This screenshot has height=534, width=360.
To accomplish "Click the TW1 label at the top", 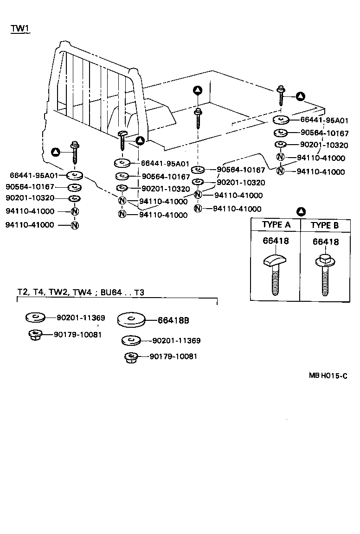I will [x=20, y=28].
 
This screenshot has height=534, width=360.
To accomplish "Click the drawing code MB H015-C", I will [x=328, y=376].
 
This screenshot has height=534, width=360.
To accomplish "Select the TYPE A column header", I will [x=276, y=225].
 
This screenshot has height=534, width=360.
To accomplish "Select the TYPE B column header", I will [x=325, y=225].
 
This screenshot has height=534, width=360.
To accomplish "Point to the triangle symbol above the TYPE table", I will [x=301, y=212].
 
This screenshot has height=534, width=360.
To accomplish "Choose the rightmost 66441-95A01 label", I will [x=324, y=121].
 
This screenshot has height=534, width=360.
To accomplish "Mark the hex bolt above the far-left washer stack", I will [x=74, y=152].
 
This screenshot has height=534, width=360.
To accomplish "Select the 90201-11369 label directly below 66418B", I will [x=176, y=341].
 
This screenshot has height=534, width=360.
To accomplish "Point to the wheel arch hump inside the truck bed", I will [x=139, y=116].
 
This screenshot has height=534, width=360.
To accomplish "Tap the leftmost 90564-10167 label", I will [x=30, y=187].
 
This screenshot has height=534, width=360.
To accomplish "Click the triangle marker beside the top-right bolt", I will [x=301, y=96].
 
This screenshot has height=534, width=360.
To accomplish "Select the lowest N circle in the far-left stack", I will [x=74, y=225].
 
